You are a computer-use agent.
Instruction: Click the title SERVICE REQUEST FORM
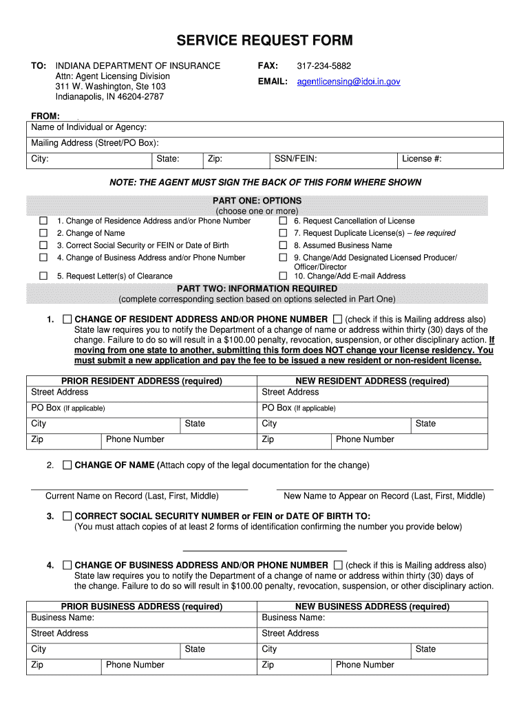(x=264, y=41)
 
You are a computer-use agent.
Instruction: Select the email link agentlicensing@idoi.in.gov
(x=348, y=81)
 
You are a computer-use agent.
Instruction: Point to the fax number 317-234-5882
(x=324, y=66)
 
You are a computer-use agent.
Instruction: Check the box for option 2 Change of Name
(x=43, y=233)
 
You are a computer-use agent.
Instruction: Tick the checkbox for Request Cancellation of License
(x=283, y=221)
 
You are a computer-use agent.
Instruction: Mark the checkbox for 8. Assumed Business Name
(x=283, y=245)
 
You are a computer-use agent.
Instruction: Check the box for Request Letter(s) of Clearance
(x=43, y=276)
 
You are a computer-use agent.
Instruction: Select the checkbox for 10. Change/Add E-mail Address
(x=283, y=276)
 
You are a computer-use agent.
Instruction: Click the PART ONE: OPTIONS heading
(x=257, y=201)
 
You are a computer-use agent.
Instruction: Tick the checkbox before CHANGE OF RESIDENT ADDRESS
(x=67, y=319)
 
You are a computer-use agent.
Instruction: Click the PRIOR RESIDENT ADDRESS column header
(x=142, y=381)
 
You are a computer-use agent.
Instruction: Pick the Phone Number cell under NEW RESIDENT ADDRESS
(x=409, y=440)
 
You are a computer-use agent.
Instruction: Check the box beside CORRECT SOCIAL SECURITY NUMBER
(x=67, y=516)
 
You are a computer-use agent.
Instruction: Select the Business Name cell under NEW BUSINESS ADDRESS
(x=372, y=617)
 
